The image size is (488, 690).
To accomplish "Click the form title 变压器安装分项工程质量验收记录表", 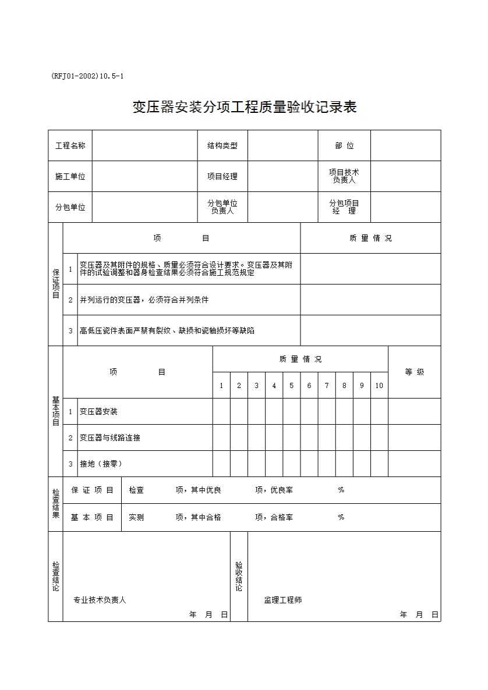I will click(x=244, y=107).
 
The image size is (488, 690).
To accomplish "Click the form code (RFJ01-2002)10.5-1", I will click(x=87, y=76).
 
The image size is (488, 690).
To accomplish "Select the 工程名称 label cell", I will click(x=70, y=145).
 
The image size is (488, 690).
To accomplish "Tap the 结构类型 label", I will click(x=222, y=145).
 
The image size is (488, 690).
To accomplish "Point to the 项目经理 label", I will click(x=222, y=176).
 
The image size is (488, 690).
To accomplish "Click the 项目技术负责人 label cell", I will click(x=344, y=176).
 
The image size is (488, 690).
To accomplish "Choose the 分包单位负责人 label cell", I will click(x=222, y=207).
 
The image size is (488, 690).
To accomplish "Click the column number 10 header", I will click(x=379, y=385).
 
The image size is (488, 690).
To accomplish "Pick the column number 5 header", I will click(x=292, y=385).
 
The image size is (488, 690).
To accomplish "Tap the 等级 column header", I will click(x=414, y=372).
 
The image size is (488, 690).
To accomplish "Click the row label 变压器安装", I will click(x=98, y=411).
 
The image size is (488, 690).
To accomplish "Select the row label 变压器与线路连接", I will click(x=110, y=438).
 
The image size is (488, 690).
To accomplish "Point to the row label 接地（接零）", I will click(x=101, y=464).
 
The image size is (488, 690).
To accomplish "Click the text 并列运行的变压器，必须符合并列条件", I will click(x=144, y=300).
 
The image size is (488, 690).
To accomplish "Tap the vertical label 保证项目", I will click(x=56, y=283).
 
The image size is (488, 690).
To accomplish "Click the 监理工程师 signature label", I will click(x=283, y=600).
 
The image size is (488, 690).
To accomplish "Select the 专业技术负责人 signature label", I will click(x=100, y=600).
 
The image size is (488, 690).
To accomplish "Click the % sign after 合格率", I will click(x=341, y=517).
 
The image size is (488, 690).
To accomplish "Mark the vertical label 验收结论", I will click(x=239, y=577).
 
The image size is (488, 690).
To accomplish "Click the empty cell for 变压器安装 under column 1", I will click(x=221, y=411).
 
